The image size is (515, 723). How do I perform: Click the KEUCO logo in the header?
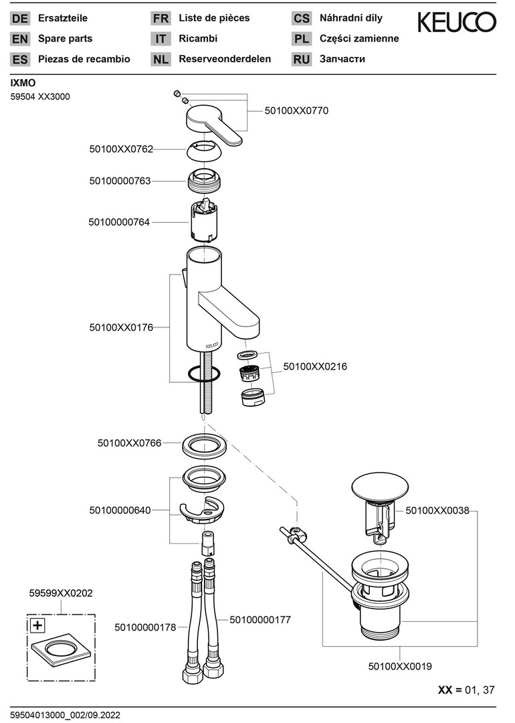tap(457, 23)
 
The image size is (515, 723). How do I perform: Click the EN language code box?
tap(20, 39)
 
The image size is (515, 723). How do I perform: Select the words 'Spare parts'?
tap(66, 39)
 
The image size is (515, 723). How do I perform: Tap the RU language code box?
tap(302, 59)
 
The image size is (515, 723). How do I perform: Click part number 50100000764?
tap(120, 222)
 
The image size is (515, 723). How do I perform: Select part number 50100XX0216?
tap(315, 367)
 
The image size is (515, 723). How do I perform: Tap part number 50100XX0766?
tap(129, 443)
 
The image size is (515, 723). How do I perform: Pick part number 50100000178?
tap(145, 627)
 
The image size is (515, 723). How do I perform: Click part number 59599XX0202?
tap(61, 592)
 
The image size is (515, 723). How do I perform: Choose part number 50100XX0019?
tap(400, 666)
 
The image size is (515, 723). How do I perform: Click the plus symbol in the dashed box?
tap(37, 626)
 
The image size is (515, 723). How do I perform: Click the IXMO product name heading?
tap(23, 83)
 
